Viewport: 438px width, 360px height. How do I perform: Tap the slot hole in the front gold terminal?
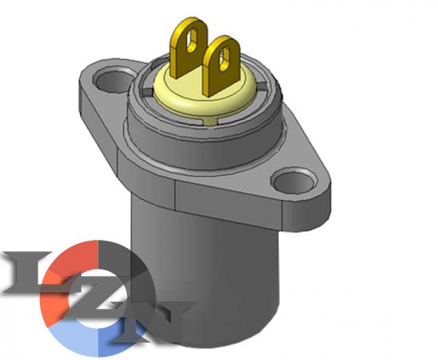(x=225, y=58)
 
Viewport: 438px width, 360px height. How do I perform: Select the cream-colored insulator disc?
(x=205, y=92)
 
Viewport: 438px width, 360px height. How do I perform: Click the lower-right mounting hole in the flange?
(x=294, y=180)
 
